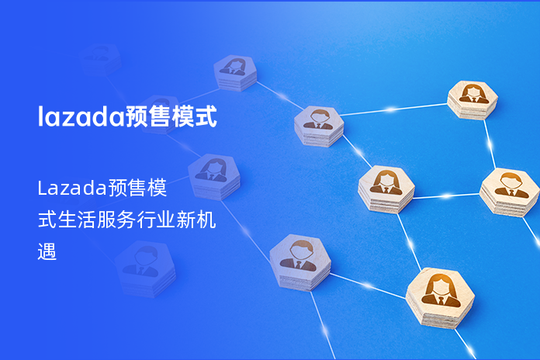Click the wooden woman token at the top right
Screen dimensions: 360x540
point(472,99)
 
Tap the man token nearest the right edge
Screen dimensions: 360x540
point(509,190)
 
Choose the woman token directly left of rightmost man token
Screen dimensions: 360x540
point(386,189)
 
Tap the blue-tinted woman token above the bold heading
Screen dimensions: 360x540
point(235,72)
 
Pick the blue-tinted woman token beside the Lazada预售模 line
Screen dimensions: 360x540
point(213,176)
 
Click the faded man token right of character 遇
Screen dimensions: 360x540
point(145,268)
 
